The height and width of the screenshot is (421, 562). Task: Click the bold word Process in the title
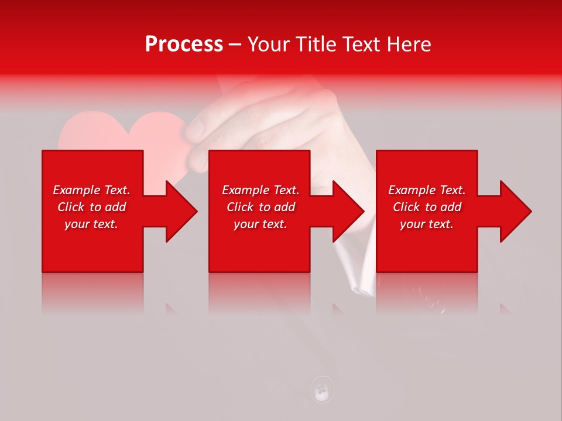(x=184, y=44)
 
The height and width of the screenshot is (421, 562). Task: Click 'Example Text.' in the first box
(x=91, y=190)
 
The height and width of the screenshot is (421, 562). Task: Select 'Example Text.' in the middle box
(x=261, y=190)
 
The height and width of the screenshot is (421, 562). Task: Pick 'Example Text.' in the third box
(x=427, y=190)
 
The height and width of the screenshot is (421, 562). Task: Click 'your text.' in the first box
(x=91, y=224)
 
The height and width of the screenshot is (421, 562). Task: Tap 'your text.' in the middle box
(x=261, y=224)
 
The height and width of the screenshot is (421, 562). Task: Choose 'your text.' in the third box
(x=427, y=224)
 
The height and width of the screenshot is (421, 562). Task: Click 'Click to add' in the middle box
(x=261, y=207)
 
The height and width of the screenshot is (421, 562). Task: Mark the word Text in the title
(x=361, y=44)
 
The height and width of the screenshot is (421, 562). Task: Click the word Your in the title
(x=269, y=44)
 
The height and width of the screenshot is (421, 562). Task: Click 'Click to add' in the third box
(x=427, y=207)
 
